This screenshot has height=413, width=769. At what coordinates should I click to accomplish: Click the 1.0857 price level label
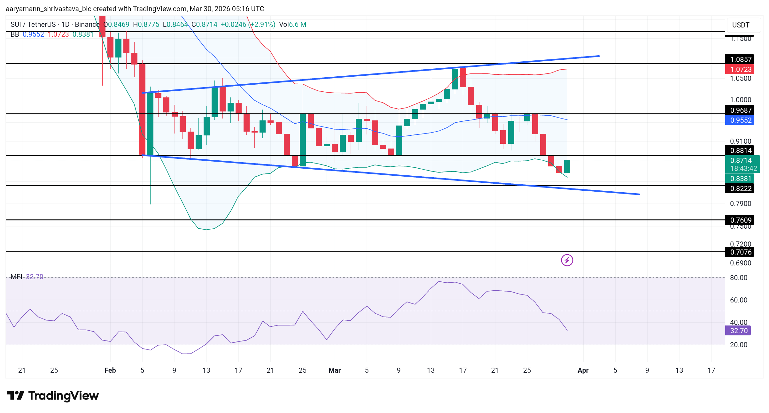(x=740, y=59)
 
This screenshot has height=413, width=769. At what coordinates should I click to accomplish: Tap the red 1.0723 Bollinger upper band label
(x=740, y=69)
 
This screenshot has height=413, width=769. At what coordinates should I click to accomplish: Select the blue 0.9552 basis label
(x=740, y=120)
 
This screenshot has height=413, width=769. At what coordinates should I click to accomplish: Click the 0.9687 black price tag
(x=740, y=110)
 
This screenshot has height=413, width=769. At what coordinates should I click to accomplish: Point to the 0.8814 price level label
(x=740, y=150)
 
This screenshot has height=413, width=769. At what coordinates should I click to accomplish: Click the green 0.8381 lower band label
(x=740, y=179)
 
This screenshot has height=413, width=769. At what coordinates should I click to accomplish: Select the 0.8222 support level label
(x=740, y=188)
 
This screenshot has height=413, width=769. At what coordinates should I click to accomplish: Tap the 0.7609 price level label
(x=740, y=220)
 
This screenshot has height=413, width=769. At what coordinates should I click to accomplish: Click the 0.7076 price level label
(x=740, y=252)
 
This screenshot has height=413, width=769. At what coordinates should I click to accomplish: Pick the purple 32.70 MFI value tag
(x=738, y=331)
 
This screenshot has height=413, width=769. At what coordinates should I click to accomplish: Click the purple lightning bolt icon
(x=567, y=260)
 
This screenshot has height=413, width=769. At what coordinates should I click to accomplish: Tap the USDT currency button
(x=741, y=25)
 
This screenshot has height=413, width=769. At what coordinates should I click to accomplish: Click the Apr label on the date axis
(x=583, y=370)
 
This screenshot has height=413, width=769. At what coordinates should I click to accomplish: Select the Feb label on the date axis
(x=110, y=370)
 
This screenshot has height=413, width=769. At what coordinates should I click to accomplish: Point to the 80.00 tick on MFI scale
(x=738, y=278)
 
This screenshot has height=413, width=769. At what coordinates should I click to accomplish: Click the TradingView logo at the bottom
(x=53, y=396)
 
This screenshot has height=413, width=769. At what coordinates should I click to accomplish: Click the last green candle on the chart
(x=567, y=166)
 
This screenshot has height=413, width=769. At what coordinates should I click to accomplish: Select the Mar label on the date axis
(x=334, y=370)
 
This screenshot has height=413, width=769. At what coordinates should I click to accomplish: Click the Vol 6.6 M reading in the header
(x=292, y=25)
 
